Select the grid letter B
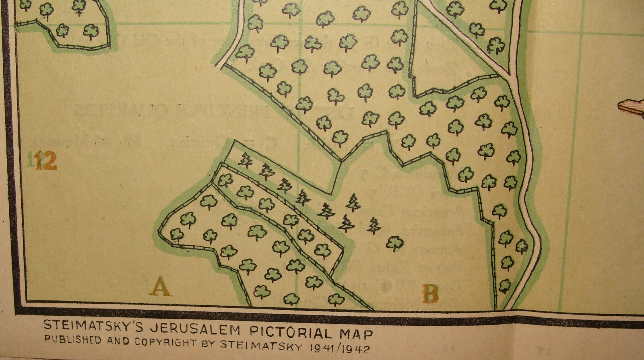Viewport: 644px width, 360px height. coord(430,294)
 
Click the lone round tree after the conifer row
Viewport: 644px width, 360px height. coord(394,243)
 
